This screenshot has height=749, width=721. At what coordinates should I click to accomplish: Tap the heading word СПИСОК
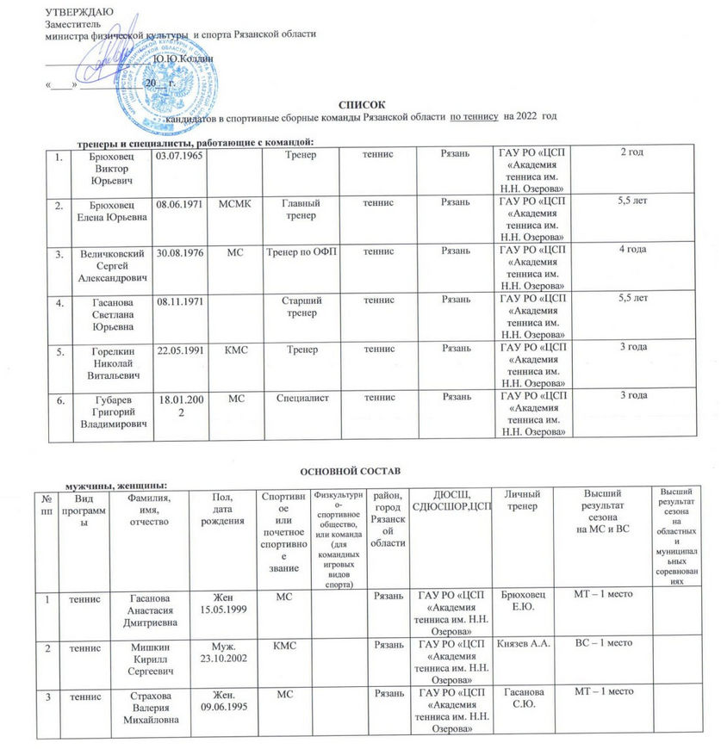click(360, 104)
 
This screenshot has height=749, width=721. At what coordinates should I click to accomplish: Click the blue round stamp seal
click(172, 69)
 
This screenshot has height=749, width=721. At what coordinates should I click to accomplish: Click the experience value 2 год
click(633, 153)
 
